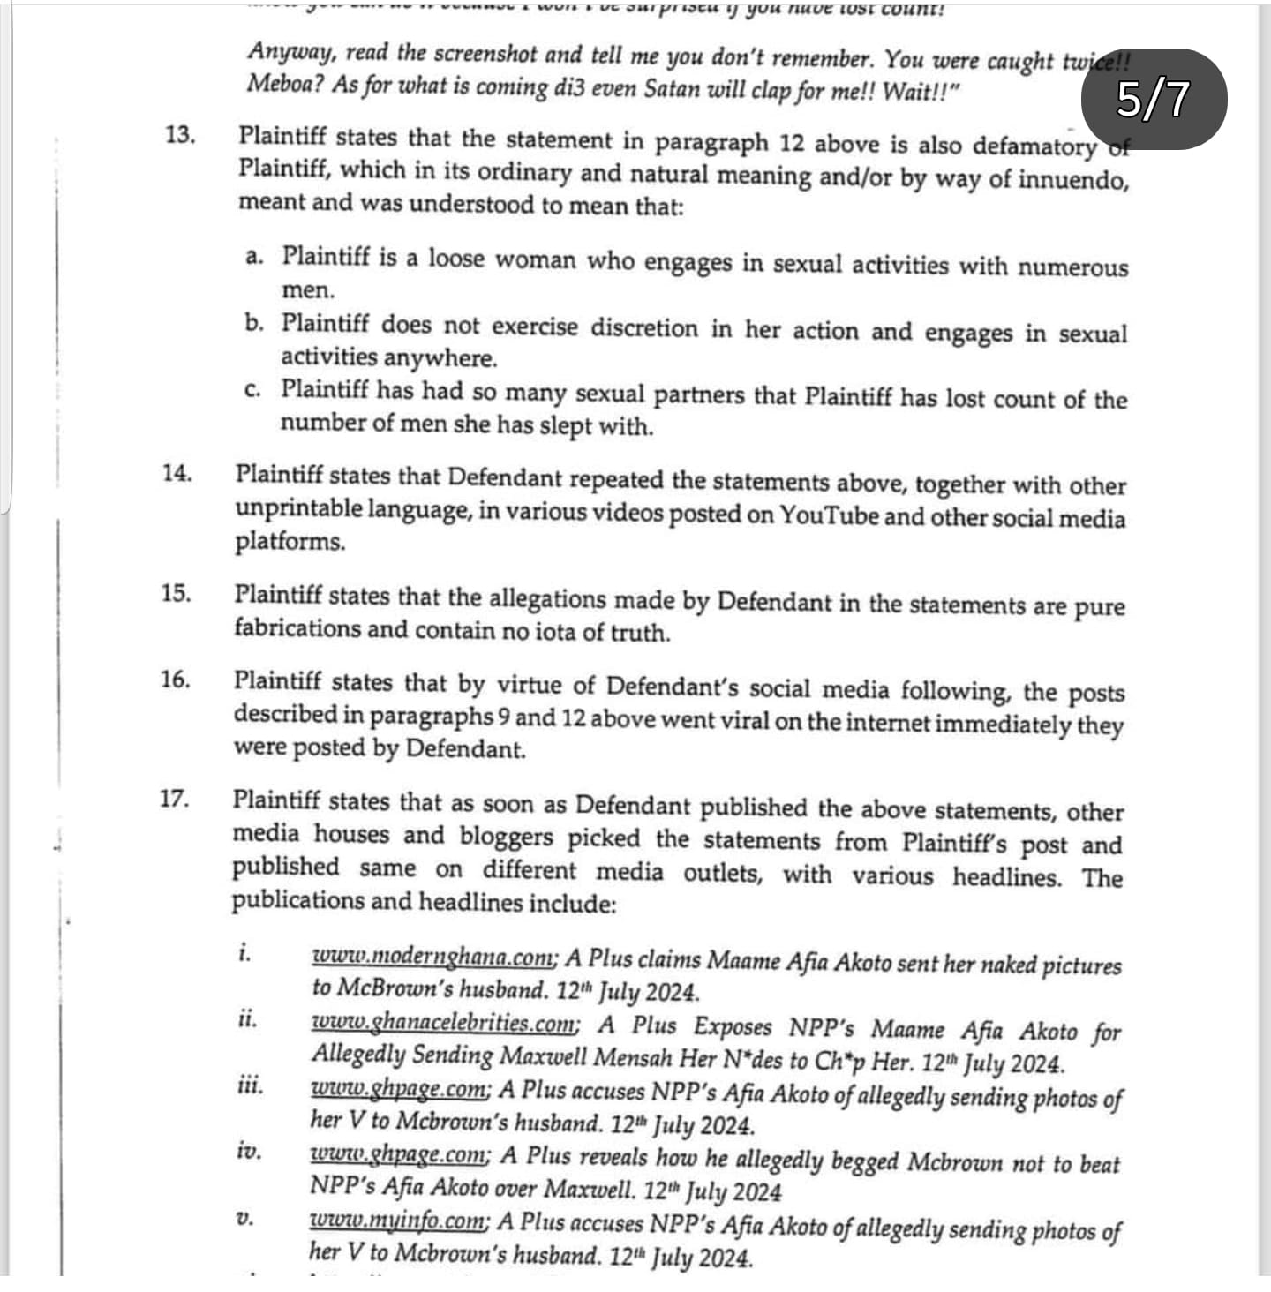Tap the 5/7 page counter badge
tap(1154, 99)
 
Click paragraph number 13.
tap(179, 135)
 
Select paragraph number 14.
tap(177, 473)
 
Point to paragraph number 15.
tap(176, 593)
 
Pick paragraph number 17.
tap(174, 800)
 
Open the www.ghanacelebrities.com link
tap(445, 1024)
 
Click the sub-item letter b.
tap(254, 324)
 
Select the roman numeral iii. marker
tap(251, 1085)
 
